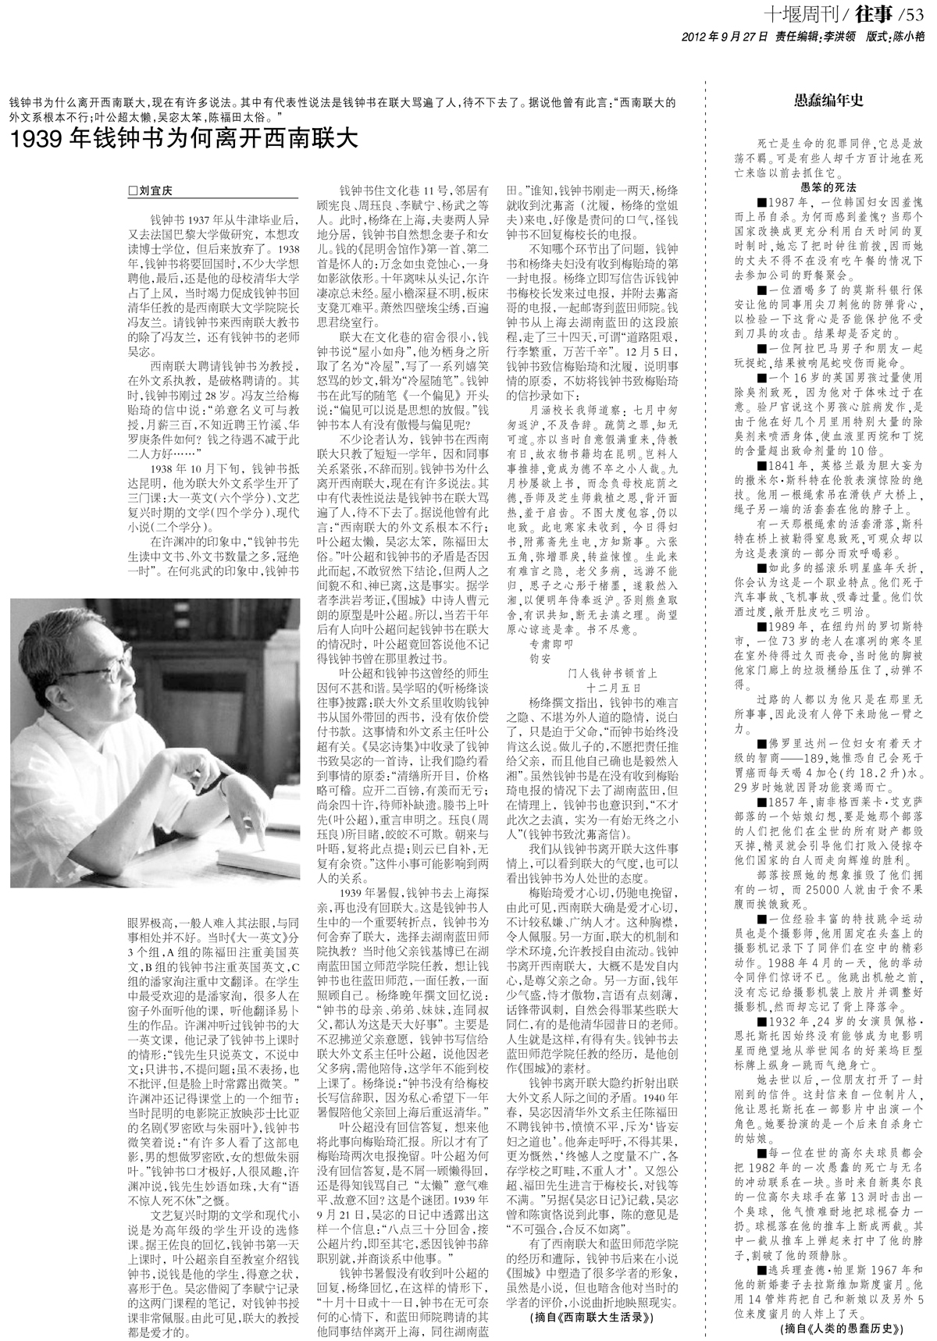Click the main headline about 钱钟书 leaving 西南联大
(183, 140)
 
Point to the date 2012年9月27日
(725, 36)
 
